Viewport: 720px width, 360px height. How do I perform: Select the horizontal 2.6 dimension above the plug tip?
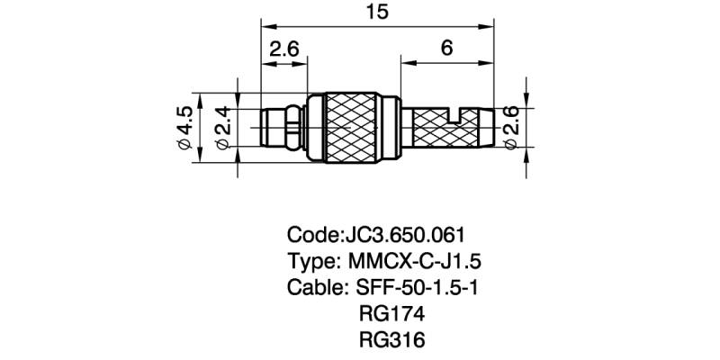click(x=283, y=49)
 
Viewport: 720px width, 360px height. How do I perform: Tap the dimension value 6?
click(x=446, y=49)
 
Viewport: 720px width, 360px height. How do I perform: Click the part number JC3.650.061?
click(x=404, y=236)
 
